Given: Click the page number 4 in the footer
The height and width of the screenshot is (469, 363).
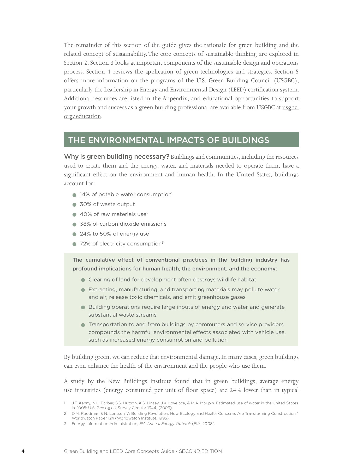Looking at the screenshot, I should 23,451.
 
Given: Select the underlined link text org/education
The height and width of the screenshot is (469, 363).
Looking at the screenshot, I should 82,116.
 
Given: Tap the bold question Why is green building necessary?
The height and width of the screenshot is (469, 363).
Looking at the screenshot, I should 117,157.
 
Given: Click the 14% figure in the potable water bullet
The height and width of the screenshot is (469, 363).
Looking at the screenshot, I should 85,195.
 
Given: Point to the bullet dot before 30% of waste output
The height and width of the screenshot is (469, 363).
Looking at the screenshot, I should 74,205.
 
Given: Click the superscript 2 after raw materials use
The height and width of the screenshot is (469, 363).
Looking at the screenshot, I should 147,213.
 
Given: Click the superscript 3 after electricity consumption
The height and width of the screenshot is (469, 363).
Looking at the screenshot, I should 163,242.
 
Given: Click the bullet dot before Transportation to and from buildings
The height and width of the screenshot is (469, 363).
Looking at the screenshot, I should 83,325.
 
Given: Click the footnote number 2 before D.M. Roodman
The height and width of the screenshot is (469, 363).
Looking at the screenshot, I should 65,414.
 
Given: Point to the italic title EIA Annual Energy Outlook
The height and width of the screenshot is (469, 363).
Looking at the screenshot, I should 165,424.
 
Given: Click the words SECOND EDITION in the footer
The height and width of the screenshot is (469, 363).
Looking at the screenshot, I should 200,451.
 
